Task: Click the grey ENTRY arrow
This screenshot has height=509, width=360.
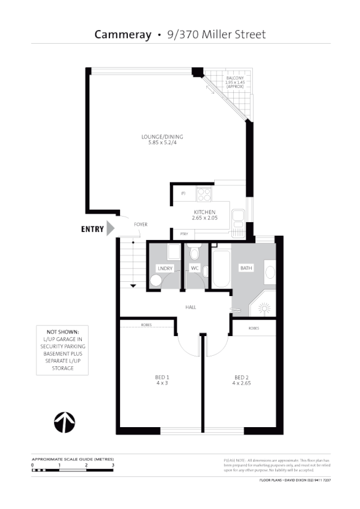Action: point(111,229)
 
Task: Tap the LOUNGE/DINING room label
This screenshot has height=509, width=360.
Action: point(162,137)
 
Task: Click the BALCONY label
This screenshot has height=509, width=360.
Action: point(235,78)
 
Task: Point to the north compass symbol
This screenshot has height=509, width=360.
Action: point(65,423)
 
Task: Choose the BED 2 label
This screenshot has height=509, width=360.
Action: point(241,377)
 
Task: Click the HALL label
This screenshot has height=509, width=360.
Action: point(191,307)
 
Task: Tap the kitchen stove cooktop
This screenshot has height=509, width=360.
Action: point(204,194)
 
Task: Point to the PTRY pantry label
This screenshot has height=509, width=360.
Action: point(183,234)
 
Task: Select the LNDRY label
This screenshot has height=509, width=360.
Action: point(164,268)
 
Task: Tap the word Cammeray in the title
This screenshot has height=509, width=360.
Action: point(122,34)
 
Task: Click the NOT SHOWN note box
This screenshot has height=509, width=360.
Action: point(62,348)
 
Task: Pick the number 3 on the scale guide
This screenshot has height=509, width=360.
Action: point(113,465)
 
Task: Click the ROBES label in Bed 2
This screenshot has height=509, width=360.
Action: point(254,328)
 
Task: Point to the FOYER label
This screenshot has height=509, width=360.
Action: point(141,225)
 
